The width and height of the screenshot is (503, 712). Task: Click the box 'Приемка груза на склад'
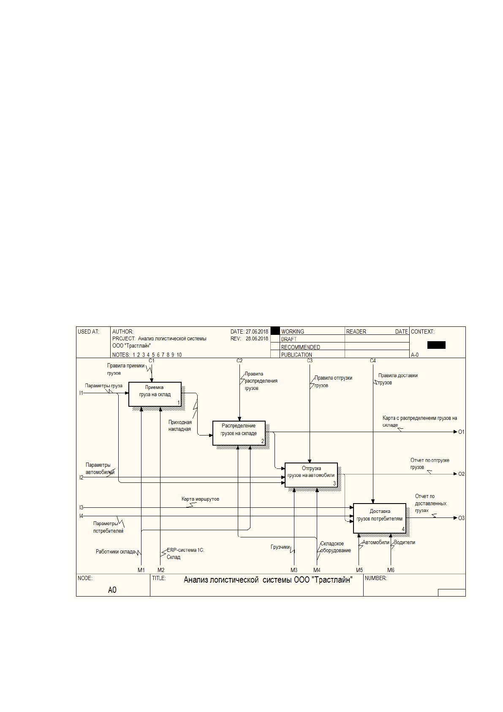tap(155, 394)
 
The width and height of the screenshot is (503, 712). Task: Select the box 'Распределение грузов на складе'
tap(239, 433)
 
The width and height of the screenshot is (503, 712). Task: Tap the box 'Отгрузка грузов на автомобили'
tap(311, 475)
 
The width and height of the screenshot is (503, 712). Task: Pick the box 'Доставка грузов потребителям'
tap(380, 518)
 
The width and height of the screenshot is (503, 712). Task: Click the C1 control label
tap(152, 361)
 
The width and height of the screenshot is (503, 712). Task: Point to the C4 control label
tap(373, 361)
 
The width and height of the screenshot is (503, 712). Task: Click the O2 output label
tap(462, 474)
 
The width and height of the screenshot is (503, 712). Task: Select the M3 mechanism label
tap(294, 570)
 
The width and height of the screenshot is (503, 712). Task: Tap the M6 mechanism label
tap(391, 570)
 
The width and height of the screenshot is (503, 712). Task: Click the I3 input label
tap(81, 508)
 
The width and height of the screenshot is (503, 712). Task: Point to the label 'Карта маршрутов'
tap(200, 499)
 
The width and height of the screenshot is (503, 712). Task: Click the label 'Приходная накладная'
tap(180, 426)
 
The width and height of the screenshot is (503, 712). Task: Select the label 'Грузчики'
tap(280, 547)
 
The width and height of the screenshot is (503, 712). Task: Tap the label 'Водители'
tap(404, 542)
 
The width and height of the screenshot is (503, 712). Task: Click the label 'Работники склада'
tap(116, 551)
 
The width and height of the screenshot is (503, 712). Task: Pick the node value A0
tap(112, 590)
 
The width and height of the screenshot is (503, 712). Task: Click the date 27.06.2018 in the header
tap(257, 331)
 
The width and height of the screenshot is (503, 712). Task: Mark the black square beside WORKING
tap(275, 331)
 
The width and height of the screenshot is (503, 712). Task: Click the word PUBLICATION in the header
tap(296, 355)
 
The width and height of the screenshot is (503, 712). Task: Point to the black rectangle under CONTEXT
tap(436, 345)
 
